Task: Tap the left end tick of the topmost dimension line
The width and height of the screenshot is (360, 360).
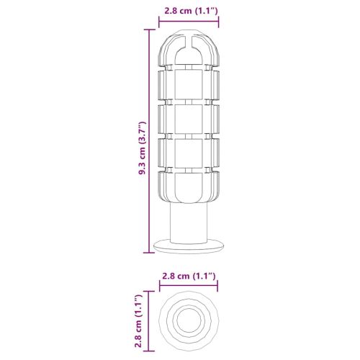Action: (x=159, y=22)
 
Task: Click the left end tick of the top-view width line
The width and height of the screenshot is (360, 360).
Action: (x=159, y=287)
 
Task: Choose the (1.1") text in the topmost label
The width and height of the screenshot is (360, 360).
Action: (x=202, y=10)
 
